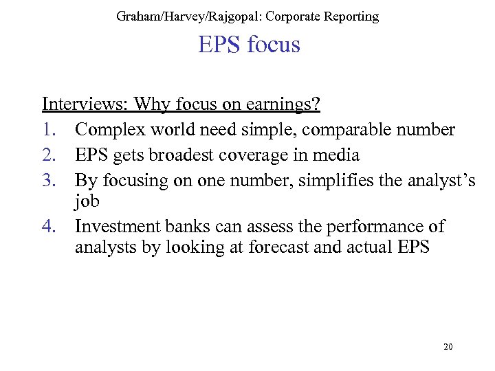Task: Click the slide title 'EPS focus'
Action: click(x=249, y=45)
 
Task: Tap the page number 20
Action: click(x=448, y=347)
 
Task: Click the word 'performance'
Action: click(x=372, y=226)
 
